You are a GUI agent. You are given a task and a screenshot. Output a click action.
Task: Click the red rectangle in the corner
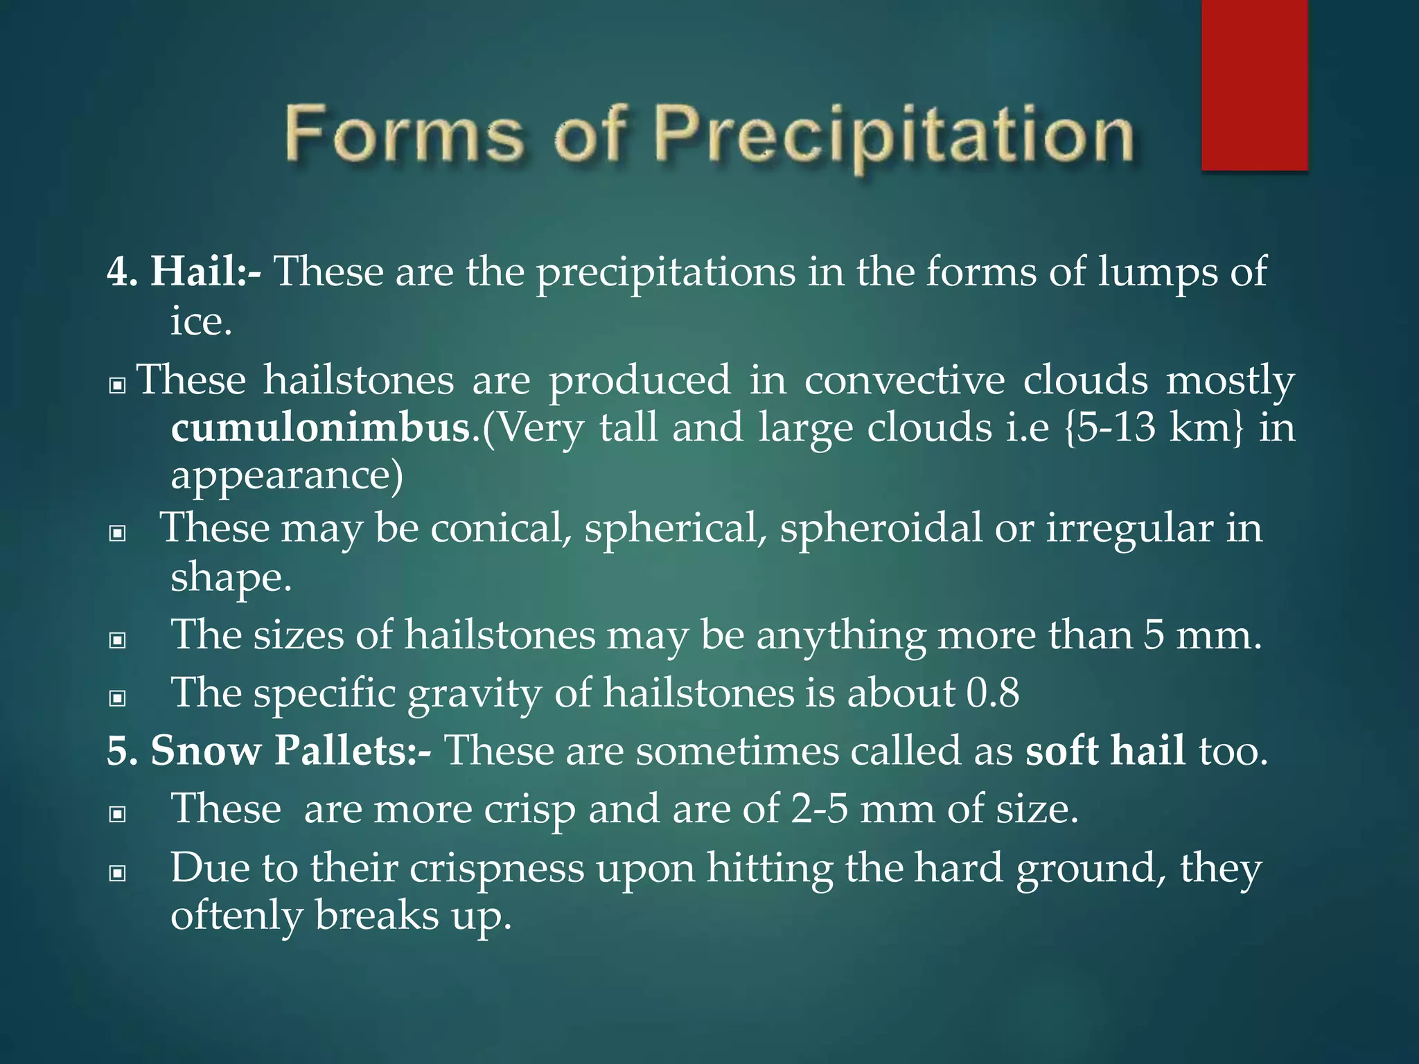pyautogui.click(x=1254, y=85)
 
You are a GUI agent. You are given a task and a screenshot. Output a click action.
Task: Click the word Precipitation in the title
pyautogui.click(x=894, y=135)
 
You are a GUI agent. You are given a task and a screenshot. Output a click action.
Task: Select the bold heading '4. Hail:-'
pyautogui.click(x=184, y=271)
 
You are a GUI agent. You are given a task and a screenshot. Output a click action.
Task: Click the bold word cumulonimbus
pyautogui.click(x=321, y=428)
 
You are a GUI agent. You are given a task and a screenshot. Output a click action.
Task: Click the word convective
pyautogui.click(x=904, y=380)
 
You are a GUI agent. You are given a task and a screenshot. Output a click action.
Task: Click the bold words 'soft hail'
pyautogui.click(x=1105, y=750)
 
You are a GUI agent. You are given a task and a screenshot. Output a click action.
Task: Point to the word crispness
pyautogui.click(x=497, y=868)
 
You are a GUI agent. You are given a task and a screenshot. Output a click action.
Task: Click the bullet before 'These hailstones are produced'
pyautogui.click(x=118, y=385)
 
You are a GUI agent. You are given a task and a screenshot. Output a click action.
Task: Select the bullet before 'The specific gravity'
pyautogui.click(x=118, y=698)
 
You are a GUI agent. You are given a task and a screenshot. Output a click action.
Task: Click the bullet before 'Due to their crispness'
pyautogui.click(x=118, y=874)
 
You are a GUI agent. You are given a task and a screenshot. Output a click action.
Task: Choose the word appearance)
pyautogui.click(x=287, y=476)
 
